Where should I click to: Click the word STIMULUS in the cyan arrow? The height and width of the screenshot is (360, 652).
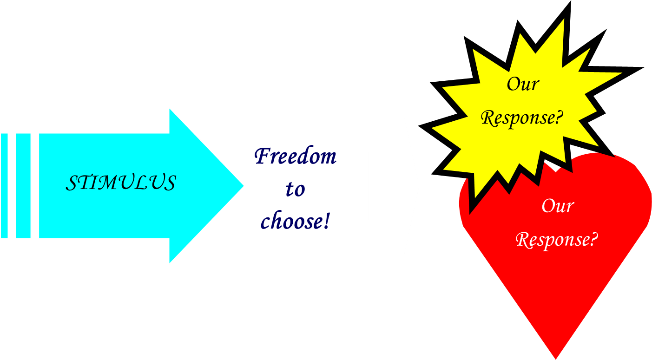[121, 183]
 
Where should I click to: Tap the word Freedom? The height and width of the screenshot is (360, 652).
[296, 157]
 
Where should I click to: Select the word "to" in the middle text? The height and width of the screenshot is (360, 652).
[295, 189]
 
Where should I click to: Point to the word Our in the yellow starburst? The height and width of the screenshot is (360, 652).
[523, 84]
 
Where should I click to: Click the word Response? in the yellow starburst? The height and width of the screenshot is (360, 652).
[522, 118]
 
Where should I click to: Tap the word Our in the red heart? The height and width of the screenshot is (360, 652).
[558, 206]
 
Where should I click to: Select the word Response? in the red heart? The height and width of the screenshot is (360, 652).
[557, 240]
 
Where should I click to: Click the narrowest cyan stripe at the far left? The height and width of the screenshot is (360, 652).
[4, 186]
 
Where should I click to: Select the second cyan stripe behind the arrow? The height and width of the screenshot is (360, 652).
[23, 186]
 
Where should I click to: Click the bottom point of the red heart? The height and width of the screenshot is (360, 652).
[556, 357]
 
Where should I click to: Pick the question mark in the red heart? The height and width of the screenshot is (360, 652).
[593, 240]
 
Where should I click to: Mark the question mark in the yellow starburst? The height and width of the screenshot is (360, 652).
[560, 118]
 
